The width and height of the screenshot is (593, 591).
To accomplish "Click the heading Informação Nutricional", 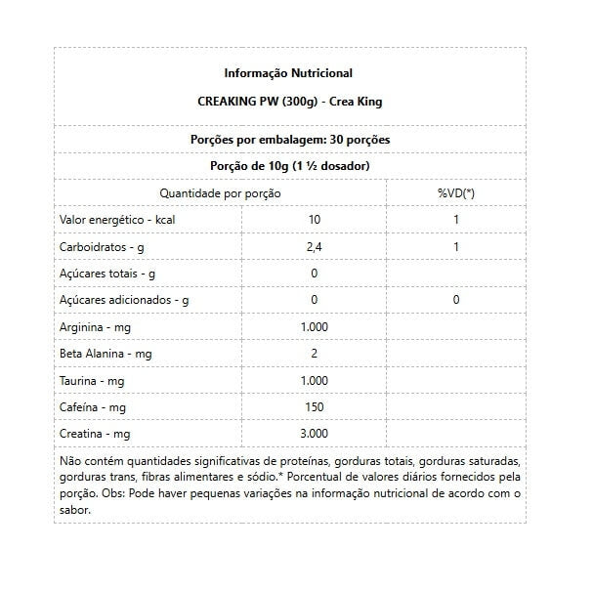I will tap(288, 73).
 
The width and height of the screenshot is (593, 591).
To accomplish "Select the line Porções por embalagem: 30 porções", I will tap(289, 140).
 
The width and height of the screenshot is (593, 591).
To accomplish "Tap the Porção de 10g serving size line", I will tap(289, 166).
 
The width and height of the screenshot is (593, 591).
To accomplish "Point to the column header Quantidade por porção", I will tap(220, 193).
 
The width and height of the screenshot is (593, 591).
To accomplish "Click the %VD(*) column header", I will tap(455, 193).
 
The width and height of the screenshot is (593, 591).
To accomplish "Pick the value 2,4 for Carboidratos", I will tap(314, 247).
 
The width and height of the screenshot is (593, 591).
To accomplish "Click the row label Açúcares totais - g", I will tap(107, 274).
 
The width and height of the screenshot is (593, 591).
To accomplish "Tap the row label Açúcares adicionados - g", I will tap(124, 300).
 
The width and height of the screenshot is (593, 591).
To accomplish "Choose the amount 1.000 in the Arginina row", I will tap(314, 326).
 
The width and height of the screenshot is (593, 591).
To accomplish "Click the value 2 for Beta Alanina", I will tap(314, 353).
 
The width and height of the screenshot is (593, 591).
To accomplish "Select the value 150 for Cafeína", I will tap(314, 405).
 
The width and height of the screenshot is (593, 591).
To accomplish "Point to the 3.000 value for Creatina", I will tap(314, 432).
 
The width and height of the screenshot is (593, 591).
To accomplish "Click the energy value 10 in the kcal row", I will tap(314, 220).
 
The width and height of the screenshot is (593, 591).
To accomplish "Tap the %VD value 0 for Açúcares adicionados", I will tap(455, 300).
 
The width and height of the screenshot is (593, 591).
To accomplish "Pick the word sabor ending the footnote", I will tap(77, 510).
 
